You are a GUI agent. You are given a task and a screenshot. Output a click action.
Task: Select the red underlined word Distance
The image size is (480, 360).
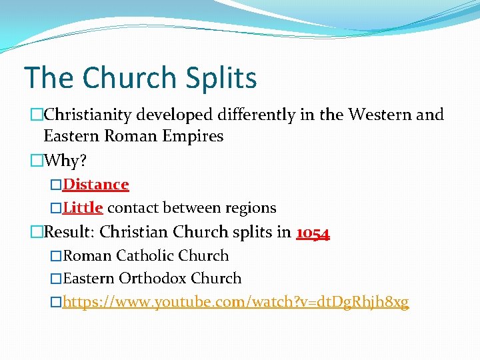(96, 184)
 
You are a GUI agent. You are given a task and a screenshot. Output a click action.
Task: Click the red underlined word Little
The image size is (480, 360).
(83, 207)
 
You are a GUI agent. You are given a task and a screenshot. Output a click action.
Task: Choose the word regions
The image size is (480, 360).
(247, 207)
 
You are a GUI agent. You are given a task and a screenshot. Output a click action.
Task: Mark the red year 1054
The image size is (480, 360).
(313, 232)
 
